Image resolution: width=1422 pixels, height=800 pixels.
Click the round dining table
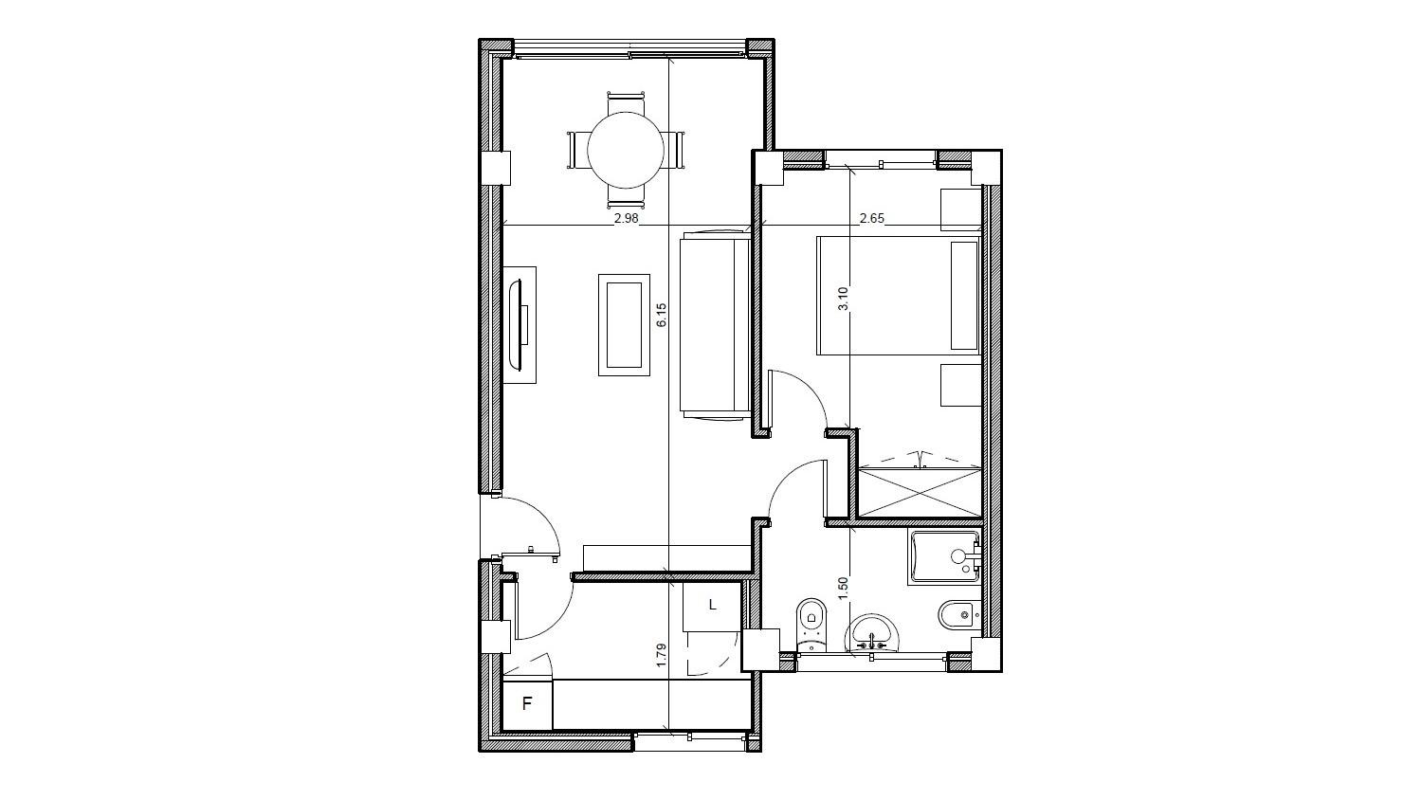(625, 150)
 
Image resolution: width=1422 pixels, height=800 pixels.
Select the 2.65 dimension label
(871, 218)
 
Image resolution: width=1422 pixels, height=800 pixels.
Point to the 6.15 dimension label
(661, 315)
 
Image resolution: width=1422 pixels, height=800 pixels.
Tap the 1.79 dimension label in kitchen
(661, 655)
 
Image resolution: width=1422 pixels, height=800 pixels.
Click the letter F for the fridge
(527, 704)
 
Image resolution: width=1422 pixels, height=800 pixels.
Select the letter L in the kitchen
(712, 605)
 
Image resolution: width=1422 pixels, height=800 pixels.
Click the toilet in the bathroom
(811, 623)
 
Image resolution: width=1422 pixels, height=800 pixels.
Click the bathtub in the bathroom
(944, 557)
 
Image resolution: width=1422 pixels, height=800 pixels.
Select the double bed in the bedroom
(897, 296)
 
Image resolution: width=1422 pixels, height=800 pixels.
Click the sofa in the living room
(715, 323)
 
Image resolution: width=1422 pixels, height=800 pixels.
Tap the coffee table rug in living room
(624, 324)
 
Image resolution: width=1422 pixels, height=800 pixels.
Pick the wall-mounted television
(520, 324)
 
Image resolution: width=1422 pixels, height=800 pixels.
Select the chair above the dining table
(626, 99)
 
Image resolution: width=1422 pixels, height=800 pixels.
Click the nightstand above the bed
(959, 209)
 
